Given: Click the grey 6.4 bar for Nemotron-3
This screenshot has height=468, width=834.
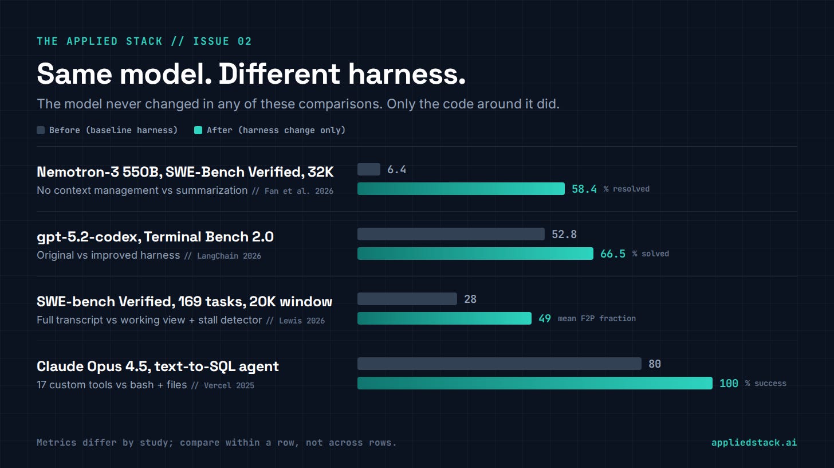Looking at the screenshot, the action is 369,169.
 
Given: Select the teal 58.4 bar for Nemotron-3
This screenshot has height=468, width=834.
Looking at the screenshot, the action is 461,189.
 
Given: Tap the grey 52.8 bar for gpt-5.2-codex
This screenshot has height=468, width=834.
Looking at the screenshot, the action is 451,234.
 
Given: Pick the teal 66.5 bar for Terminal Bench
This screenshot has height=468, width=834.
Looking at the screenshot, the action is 475,253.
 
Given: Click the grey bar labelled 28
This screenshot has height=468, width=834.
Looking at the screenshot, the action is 407,299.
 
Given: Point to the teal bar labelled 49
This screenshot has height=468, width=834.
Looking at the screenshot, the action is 444,318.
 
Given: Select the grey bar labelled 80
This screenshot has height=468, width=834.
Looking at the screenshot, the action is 499,364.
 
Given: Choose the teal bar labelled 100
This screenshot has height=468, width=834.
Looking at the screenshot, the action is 535,383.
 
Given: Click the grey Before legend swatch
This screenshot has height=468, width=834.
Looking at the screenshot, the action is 41,130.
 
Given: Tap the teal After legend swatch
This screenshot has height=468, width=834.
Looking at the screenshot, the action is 198,130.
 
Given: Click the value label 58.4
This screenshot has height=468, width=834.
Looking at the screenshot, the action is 584,189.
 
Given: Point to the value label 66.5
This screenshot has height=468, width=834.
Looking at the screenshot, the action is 613,254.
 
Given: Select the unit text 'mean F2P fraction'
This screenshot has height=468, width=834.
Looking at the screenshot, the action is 596,318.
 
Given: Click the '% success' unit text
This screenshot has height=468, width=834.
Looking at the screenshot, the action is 765,383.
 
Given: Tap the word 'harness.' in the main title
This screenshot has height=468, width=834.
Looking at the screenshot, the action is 407,74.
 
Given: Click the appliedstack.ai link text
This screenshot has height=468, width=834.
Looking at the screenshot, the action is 754,443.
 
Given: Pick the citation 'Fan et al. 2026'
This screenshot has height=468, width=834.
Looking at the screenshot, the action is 298,192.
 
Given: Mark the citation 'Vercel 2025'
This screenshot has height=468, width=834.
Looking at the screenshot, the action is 229,385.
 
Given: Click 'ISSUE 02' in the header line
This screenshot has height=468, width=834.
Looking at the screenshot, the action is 222,41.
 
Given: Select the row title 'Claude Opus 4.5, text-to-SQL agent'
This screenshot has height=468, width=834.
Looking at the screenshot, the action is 158,366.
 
